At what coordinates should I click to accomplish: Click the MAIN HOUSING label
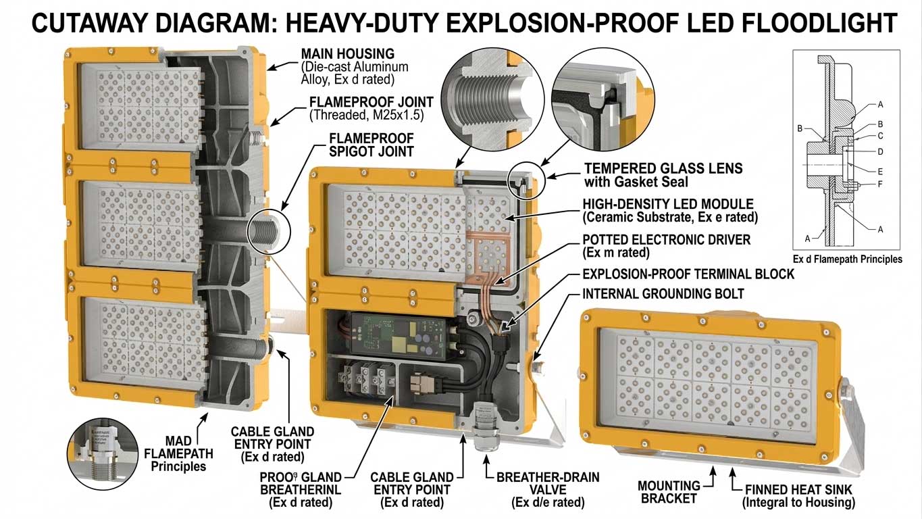[347, 53]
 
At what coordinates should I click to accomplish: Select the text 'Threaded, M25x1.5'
[366, 115]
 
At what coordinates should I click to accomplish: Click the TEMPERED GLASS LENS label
[663, 168]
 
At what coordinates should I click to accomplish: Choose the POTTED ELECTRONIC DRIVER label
[666, 241]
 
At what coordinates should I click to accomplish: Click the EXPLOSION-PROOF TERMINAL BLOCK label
[688, 274]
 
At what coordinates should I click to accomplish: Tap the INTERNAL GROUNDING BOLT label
[663, 294]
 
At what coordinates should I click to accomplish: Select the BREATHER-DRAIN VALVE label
[547, 478]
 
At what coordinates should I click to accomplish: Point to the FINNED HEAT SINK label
[798, 489]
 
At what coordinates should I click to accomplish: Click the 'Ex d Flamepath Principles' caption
[847, 259]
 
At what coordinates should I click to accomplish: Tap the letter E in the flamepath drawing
[880, 171]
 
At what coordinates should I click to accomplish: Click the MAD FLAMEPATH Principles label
[178, 453]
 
